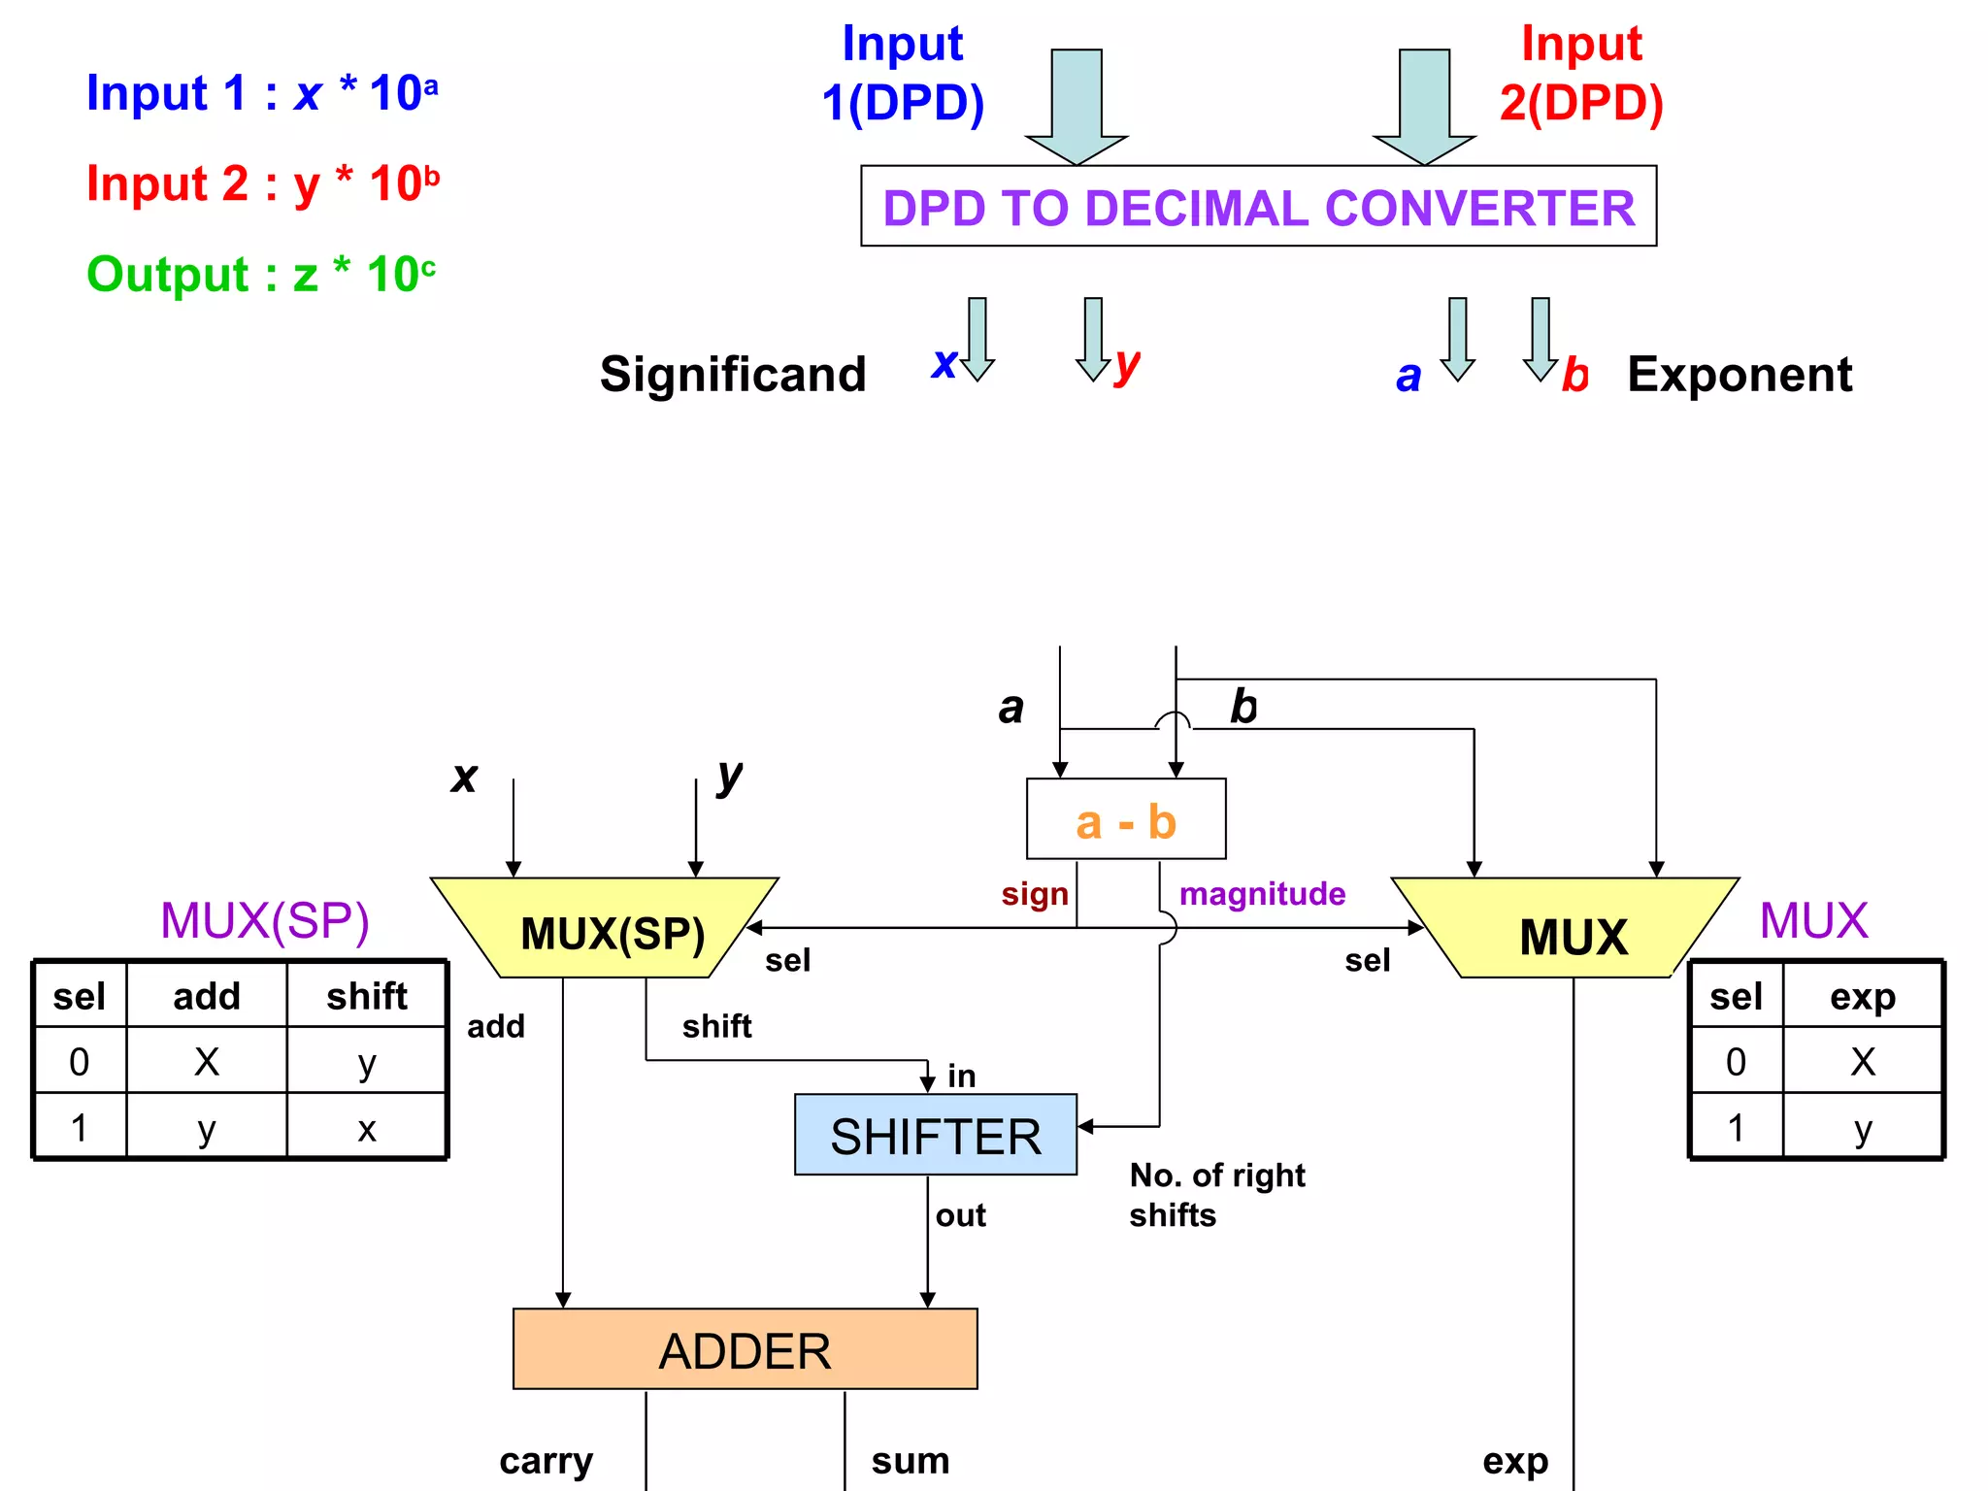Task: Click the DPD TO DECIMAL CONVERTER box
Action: (x=1258, y=207)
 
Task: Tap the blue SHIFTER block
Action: (x=935, y=1135)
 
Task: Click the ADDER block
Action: (x=745, y=1349)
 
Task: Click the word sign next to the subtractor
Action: (x=1035, y=894)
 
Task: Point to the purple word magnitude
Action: (x=1262, y=894)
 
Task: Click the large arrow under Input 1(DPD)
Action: (x=1077, y=107)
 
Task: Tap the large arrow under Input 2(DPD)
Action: (x=1424, y=107)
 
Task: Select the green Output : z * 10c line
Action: (x=261, y=275)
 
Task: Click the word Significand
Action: (x=733, y=375)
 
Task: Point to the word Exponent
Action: (x=1739, y=375)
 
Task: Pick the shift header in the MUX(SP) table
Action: (x=367, y=996)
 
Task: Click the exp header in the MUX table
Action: (x=1863, y=996)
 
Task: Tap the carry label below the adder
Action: (x=546, y=1461)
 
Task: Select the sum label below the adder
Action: (x=910, y=1461)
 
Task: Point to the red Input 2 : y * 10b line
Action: (x=263, y=184)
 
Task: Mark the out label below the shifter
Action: (x=960, y=1215)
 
